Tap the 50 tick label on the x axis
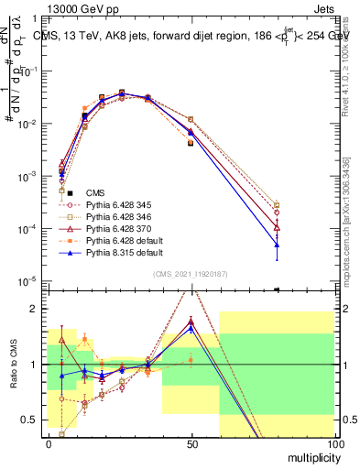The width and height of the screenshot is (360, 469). [191, 443]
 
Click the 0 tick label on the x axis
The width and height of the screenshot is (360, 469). [48, 443]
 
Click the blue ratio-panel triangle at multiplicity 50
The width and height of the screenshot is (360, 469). [191, 327]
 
